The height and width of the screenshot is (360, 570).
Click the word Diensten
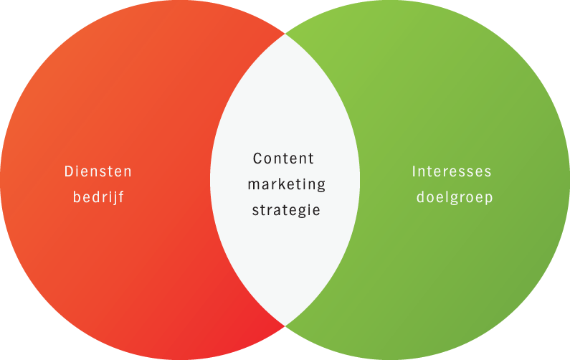tap(98, 172)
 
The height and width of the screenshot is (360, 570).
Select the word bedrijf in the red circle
tap(98, 197)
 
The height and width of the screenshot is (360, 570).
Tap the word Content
tap(284, 158)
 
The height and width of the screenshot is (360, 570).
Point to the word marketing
tap(286, 185)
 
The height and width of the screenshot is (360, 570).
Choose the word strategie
tap(286, 211)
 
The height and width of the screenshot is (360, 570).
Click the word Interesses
tap(452, 172)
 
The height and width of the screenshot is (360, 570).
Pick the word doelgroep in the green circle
tap(455, 197)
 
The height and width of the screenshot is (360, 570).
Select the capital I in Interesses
tap(414, 172)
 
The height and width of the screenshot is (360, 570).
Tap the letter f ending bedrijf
tap(121, 196)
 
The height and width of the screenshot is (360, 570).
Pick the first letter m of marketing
tap(253, 185)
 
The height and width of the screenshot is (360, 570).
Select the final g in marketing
tap(320, 186)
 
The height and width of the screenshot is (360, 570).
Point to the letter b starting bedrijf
tap(77, 196)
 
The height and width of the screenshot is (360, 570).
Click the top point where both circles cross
tap(285, 33)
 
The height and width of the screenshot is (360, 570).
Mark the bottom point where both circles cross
tap(285, 326)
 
